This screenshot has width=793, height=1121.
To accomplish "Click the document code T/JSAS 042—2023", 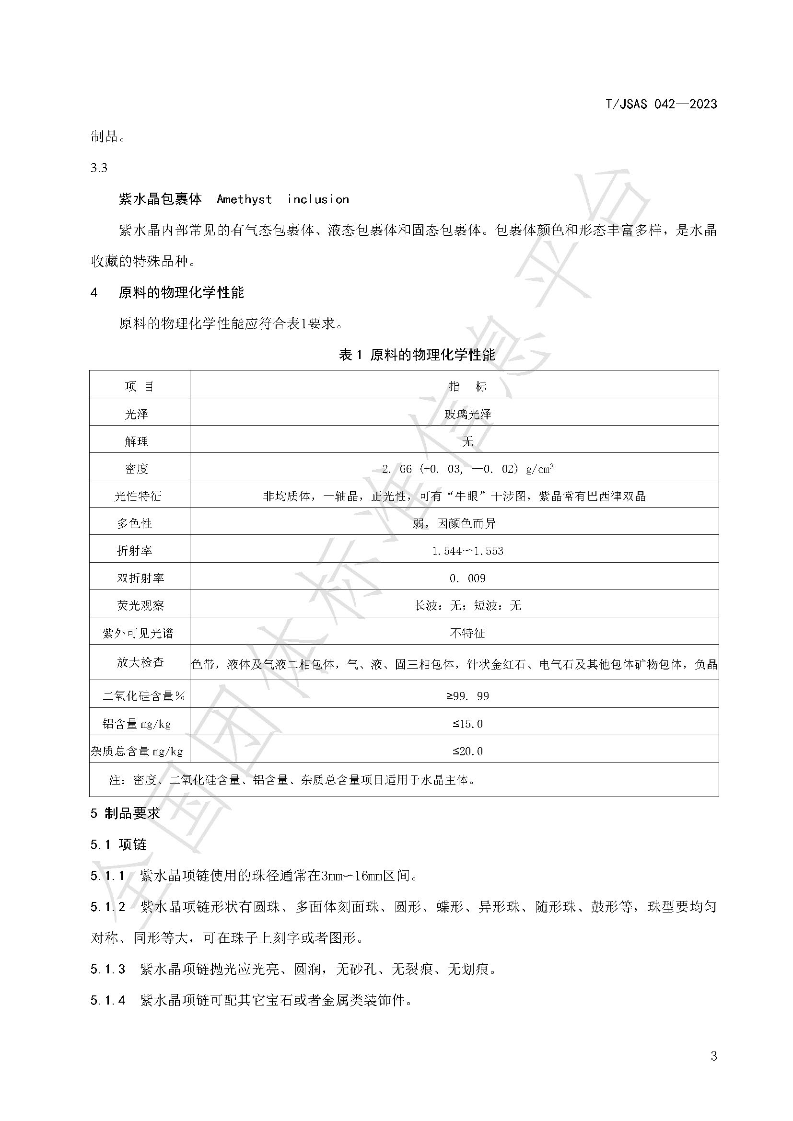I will click(661, 104).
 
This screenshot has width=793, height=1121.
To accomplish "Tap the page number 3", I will click(713, 1056).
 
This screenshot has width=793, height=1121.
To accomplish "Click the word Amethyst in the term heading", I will click(244, 199).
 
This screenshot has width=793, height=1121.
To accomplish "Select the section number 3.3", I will click(99, 168).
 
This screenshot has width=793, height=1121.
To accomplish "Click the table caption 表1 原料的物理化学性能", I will click(417, 355).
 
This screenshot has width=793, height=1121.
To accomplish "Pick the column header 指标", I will click(467, 387).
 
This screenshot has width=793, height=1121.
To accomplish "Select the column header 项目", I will click(139, 387).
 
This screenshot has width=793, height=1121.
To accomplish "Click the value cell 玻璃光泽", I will click(467, 414).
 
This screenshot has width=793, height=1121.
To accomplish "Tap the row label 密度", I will click(136, 469).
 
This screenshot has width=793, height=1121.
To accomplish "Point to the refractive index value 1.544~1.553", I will click(467, 551).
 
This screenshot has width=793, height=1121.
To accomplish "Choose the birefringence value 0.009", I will click(467, 578).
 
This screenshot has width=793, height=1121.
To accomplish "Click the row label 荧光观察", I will click(140, 606).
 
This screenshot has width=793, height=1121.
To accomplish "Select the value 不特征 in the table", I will click(467, 633).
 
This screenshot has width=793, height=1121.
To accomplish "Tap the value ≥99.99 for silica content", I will click(467, 696).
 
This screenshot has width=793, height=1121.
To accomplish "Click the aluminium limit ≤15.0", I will click(467, 724).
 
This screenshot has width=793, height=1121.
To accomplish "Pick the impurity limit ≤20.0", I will click(467, 751).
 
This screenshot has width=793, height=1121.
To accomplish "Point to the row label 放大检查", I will click(140, 662).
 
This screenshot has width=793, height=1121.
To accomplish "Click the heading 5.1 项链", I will click(118, 844).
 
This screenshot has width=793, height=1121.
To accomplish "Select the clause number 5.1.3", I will click(108, 969).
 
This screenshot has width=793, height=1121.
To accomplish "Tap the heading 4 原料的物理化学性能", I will click(167, 293).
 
